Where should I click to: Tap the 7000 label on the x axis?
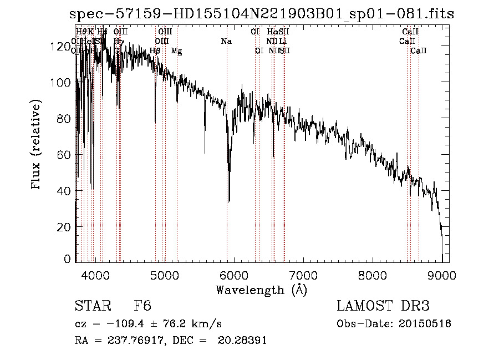(x=303, y=275)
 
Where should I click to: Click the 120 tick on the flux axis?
(x=58, y=47)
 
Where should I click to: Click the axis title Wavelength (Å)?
(x=261, y=290)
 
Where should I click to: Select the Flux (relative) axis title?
(x=37, y=145)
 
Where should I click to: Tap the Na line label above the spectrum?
(x=226, y=42)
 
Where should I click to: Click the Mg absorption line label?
(x=176, y=52)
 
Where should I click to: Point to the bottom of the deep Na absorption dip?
(x=229, y=201)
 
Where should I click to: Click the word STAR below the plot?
(x=91, y=306)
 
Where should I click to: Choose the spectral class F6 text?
(x=142, y=306)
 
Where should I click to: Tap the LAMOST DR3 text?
(x=383, y=306)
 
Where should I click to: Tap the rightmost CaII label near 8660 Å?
(x=419, y=51)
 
